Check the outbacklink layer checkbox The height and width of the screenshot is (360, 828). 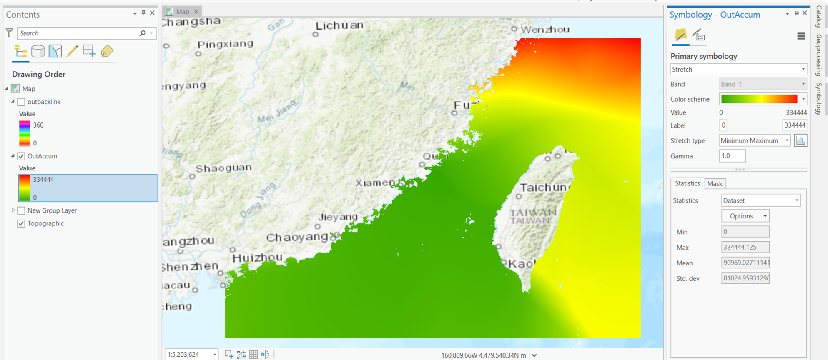[x=21, y=102]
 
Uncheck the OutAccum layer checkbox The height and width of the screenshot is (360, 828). [x=21, y=156]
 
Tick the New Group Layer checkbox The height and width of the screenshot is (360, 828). [x=21, y=210]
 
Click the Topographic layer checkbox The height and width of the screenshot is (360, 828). [x=21, y=224]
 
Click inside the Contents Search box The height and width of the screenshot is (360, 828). [x=79, y=33]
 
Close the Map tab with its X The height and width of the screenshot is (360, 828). [x=196, y=12]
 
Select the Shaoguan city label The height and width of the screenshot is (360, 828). [x=224, y=168]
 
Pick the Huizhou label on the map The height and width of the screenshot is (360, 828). [x=257, y=257]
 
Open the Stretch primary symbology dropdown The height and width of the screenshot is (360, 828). [x=738, y=70]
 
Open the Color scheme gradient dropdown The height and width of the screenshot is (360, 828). [x=763, y=99]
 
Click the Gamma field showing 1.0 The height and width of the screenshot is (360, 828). [x=732, y=156]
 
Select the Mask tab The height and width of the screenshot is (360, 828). [x=715, y=184]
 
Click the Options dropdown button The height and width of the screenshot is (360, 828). [x=745, y=216]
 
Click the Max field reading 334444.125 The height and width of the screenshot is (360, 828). [x=745, y=247]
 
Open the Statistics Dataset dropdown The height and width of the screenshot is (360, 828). [x=760, y=200]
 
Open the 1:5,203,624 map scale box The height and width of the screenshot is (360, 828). [x=191, y=355]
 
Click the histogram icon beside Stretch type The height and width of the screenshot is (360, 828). [x=800, y=141]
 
